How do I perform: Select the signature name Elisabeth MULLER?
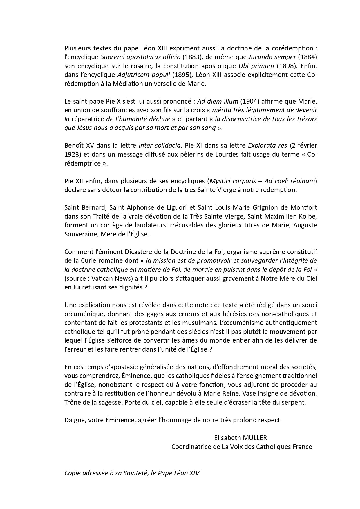point(240,438)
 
